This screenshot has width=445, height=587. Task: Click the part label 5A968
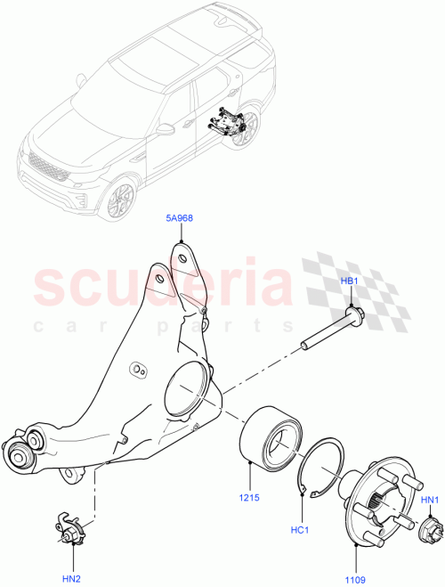click(181, 216)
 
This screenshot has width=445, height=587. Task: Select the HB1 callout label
click(351, 281)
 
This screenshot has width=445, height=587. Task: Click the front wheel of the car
click(120, 200)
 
